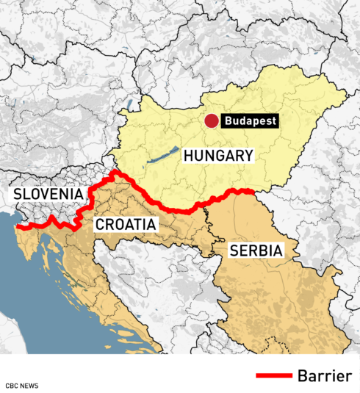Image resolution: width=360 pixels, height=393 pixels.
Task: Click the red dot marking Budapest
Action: point(211,121)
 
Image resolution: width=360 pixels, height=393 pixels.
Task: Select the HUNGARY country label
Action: point(218,156)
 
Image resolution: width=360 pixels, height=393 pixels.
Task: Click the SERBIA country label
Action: point(256,250)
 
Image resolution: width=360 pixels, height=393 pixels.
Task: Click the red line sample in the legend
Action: point(273,376)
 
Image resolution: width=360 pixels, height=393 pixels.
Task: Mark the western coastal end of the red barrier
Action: point(18,227)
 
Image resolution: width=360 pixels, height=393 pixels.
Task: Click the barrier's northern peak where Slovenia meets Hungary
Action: point(115,173)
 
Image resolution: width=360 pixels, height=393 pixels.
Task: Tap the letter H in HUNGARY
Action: point(189,156)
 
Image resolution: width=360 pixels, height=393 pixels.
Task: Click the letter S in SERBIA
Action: point(234,250)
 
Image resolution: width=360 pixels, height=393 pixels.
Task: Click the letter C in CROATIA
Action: point(98,224)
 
